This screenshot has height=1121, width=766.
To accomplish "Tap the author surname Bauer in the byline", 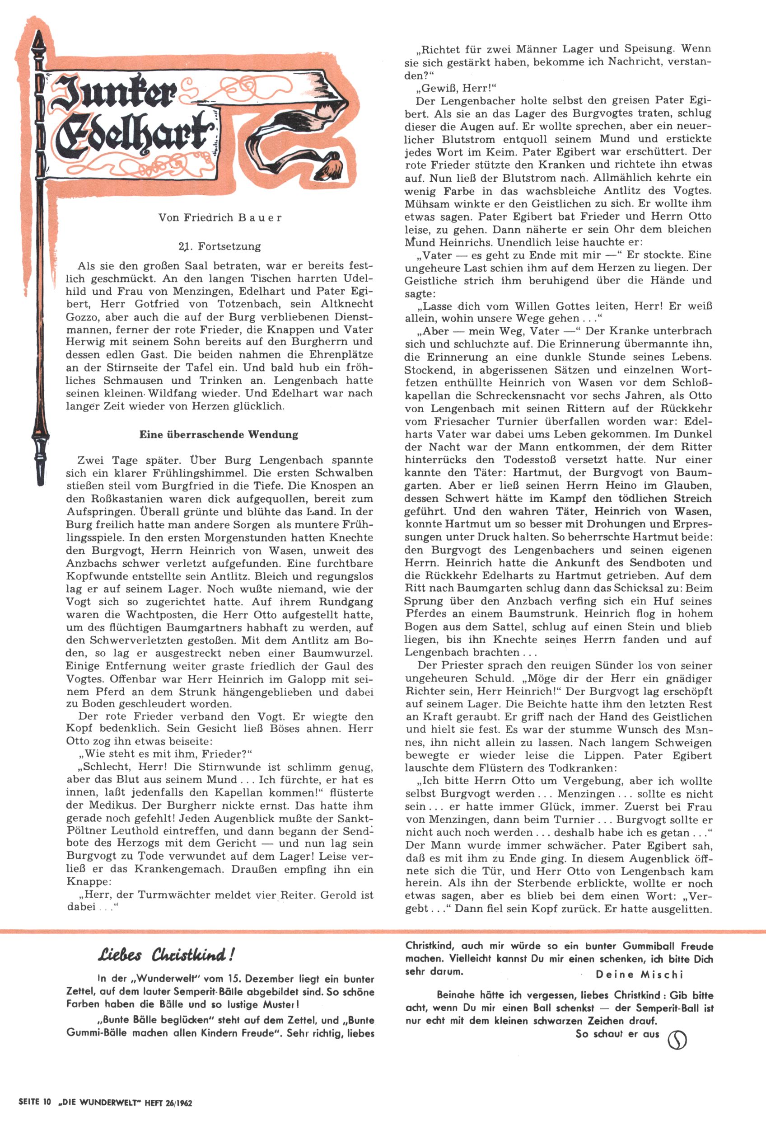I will pos(259,217).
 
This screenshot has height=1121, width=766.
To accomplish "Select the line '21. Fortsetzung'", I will pos(220,246).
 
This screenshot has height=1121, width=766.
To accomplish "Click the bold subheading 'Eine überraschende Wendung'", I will pos(219,434).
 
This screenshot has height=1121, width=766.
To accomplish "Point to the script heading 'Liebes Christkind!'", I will pos(166,955).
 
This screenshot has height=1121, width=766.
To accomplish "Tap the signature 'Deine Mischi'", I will pos(639,974).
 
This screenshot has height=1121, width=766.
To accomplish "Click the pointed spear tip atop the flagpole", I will pos(38,41).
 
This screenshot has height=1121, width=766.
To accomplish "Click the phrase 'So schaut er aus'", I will pos(617,1033).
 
